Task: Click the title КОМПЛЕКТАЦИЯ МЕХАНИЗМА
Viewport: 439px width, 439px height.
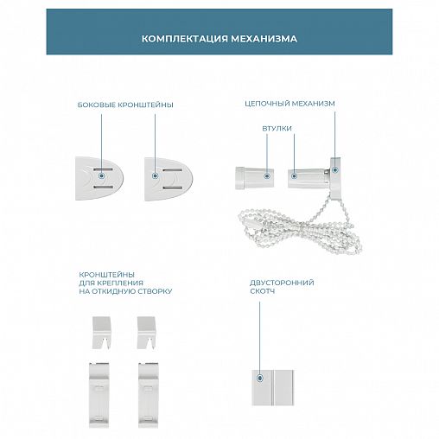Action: [x=219, y=39]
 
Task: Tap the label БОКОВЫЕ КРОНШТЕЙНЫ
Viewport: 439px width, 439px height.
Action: [x=125, y=105]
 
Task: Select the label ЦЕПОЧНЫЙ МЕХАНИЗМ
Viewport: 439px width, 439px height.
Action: [x=289, y=104]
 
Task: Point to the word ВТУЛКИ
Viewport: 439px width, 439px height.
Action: [x=277, y=128]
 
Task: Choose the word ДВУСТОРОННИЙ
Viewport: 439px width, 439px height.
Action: [x=282, y=283]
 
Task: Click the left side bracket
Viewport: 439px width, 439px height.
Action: [x=99, y=179]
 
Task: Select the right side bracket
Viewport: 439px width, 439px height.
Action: [x=169, y=179]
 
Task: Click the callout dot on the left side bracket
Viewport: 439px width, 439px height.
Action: [x=101, y=175]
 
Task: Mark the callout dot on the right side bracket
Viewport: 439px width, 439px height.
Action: [x=155, y=175]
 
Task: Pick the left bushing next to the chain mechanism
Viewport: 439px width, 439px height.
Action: [x=254, y=178]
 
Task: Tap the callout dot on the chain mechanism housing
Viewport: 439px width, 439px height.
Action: [x=334, y=170]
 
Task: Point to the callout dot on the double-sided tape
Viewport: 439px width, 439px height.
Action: [x=260, y=378]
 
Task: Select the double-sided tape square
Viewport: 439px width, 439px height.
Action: [x=272, y=388]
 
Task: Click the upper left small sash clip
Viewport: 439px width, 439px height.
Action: [x=101, y=333]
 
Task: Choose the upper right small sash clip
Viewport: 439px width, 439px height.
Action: [x=146, y=333]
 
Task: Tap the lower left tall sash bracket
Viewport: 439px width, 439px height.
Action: [x=99, y=395]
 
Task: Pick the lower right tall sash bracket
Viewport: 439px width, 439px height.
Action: [x=148, y=395]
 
